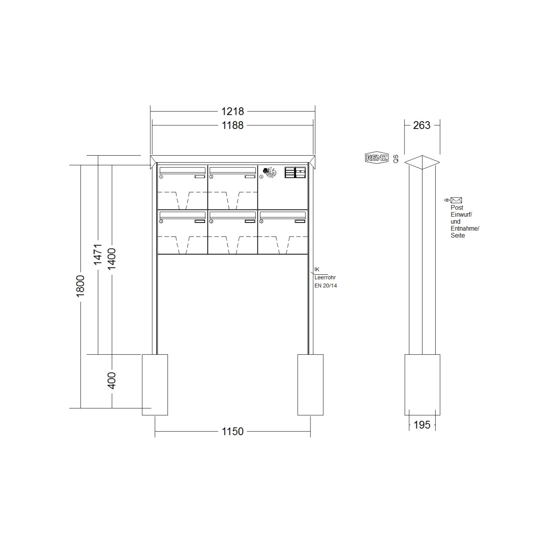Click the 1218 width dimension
point(232,112)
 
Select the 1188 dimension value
point(232,126)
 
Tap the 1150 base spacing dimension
point(232,431)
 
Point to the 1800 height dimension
point(80,286)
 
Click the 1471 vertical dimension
point(98,255)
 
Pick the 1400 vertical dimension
point(112,259)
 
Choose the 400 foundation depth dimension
point(112,381)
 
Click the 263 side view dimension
point(422,125)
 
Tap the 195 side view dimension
point(422,425)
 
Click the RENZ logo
point(377,158)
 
